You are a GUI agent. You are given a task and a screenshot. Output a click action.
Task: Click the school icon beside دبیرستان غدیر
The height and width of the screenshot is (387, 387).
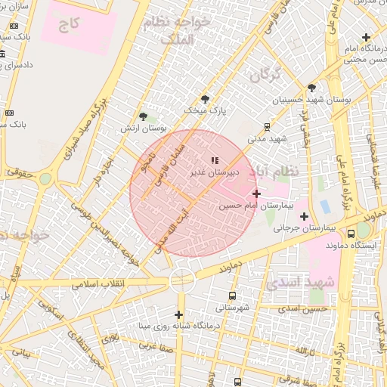click(x=215, y=160)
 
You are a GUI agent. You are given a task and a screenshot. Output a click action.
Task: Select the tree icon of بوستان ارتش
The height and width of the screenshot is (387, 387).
click(x=144, y=116)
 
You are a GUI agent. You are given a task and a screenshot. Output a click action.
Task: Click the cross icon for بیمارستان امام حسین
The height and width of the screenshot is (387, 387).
click(x=256, y=193)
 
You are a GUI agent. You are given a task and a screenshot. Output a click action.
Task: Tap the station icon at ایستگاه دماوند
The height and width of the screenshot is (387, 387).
click(x=351, y=234)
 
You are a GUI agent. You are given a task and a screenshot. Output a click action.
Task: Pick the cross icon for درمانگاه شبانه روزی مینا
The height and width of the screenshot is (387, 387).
click(x=179, y=314)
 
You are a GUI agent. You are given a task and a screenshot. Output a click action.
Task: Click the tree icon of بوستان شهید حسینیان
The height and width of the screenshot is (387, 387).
click(x=312, y=88)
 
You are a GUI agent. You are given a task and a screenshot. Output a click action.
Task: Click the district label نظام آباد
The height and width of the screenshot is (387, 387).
click(x=280, y=172)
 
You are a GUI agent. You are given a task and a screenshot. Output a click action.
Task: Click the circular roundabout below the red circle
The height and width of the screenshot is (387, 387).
click(x=182, y=279)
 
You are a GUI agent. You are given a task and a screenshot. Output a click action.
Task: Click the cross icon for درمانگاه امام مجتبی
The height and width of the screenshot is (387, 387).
click(x=367, y=37)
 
